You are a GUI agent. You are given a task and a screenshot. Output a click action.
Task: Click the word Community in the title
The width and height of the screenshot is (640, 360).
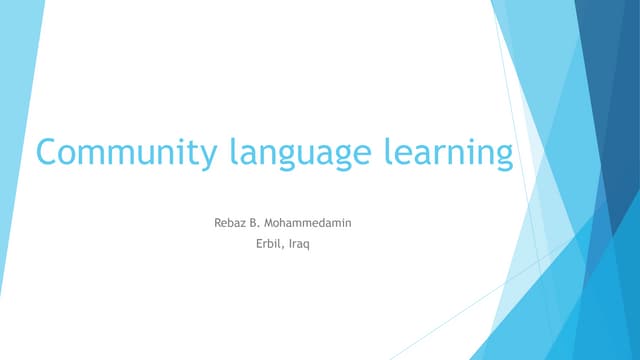(x=125, y=154)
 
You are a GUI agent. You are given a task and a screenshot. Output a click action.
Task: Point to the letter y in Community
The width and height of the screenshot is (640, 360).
(x=206, y=158)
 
